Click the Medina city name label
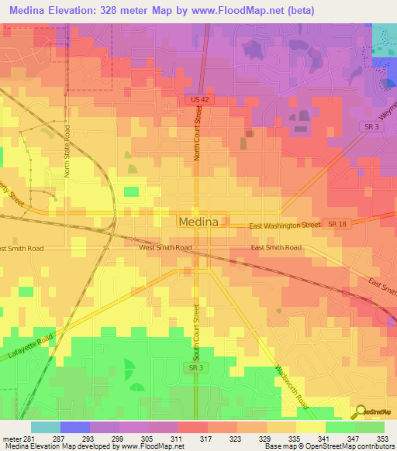[x=198, y=221]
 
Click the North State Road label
[x=68, y=153]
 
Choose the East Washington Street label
[x=285, y=225]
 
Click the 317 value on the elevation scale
[x=205, y=439]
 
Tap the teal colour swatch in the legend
[x=46, y=427]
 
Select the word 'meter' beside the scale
[x=12, y=439]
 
